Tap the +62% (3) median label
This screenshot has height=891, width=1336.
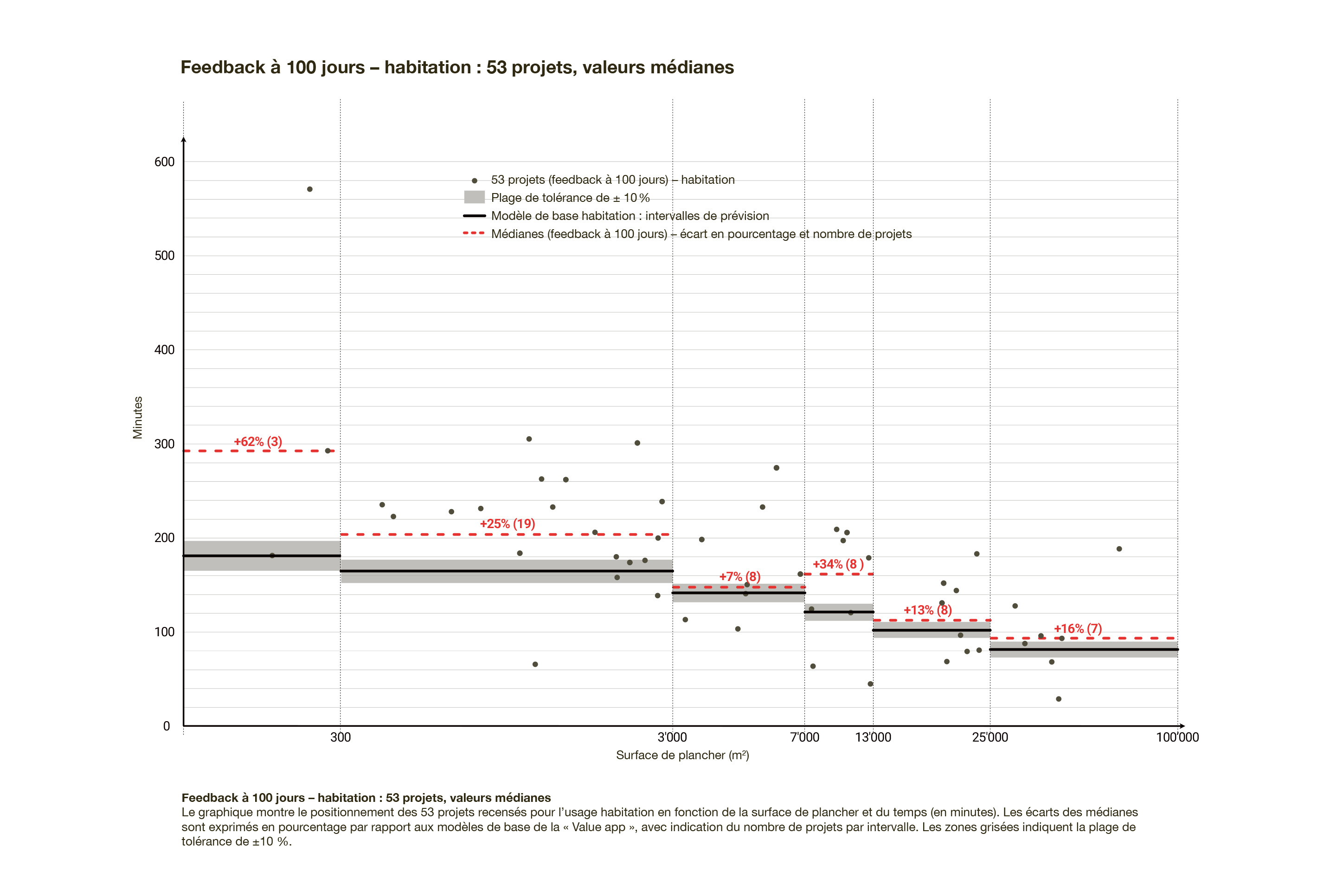tap(258, 441)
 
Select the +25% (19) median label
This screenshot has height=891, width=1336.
tap(507, 523)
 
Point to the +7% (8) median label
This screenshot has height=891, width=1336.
tap(739, 576)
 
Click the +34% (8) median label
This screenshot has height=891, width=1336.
tap(838, 564)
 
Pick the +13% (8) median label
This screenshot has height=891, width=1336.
tap(927, 610)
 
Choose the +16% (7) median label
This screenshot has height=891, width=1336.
tap(1078, 628)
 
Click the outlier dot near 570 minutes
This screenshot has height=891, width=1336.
tap(309, 189)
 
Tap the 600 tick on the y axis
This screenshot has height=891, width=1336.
tap(164, 162)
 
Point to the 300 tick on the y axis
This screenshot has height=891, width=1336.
tap(164, 444)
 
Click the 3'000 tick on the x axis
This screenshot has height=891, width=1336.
tap(672, 737)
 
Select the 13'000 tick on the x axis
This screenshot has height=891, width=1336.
tap(873, 737)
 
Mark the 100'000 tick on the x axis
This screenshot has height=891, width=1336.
tap(1177, 737)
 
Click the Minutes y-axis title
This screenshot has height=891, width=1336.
tap(137, 417)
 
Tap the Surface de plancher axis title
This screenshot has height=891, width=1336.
tap(682, 755)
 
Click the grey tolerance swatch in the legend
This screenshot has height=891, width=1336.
tap(474, 197)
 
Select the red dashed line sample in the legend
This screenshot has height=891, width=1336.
tap(474, 233)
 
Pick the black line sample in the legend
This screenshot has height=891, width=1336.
tap(474, 215)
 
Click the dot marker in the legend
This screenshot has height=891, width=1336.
tap(474, 181)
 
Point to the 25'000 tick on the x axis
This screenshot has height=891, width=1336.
tap(989, 737)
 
